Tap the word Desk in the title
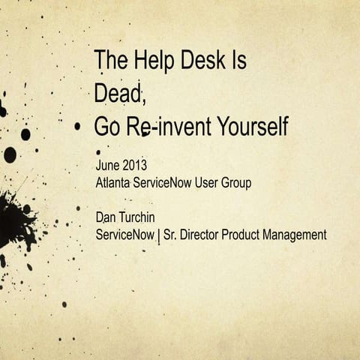tap(202, 61)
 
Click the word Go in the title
tap(107, 127)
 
